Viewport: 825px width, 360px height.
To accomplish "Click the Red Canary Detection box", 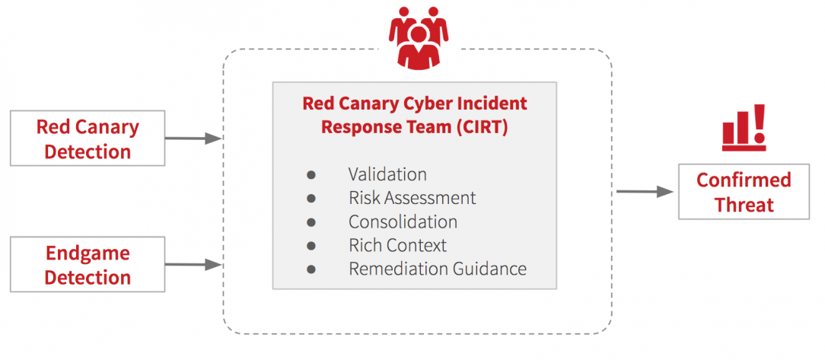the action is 88,139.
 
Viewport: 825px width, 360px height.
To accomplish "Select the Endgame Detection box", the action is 88,264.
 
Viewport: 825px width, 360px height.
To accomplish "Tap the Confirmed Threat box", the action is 744,192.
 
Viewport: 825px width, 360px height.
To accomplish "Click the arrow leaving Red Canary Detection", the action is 193,139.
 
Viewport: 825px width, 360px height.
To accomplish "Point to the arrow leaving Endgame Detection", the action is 193,264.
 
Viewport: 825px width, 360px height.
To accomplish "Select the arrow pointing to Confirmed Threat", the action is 645,192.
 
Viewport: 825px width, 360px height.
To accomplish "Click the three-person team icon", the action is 419,38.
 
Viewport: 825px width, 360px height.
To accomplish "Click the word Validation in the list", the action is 388,174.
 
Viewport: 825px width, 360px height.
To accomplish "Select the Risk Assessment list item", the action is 412,198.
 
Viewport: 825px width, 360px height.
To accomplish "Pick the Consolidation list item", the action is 403,221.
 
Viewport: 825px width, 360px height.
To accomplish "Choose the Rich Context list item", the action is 397,245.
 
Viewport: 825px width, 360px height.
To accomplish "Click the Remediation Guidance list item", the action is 437,269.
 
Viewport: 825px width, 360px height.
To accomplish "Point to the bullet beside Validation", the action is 311,175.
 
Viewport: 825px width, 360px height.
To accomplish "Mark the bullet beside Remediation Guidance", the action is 311,269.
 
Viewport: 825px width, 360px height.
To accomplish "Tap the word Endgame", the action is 88,253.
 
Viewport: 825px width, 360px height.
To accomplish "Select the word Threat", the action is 744,204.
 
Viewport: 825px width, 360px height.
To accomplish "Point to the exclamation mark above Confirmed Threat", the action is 759,123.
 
